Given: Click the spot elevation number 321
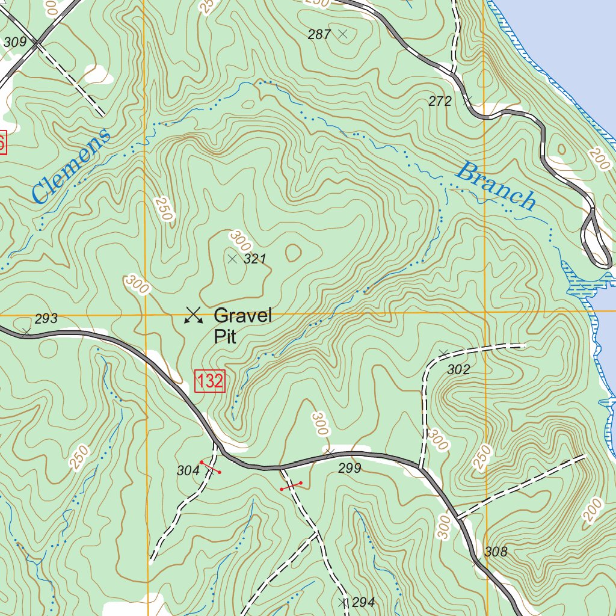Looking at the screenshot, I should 255,259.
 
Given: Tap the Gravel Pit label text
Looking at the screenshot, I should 242,325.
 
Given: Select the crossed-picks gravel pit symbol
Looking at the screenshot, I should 193,315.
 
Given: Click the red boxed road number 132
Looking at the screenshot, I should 210,381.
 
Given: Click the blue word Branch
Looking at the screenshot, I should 496,186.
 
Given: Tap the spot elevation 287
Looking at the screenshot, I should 319,35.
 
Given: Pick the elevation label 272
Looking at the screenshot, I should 440,102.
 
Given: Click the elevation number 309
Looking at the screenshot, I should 15,42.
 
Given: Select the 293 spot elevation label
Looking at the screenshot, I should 46,319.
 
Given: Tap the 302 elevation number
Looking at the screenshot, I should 458,370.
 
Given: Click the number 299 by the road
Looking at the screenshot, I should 350,468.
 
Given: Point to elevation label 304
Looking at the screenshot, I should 188,471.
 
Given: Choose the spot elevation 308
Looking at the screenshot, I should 496,552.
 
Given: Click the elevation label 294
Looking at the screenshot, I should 364,602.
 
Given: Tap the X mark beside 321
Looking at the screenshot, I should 233,259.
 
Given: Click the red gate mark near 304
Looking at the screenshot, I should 210,467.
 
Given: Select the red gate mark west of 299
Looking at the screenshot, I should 291,486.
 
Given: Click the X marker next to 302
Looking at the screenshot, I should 444,353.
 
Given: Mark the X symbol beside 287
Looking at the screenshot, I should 343,34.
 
